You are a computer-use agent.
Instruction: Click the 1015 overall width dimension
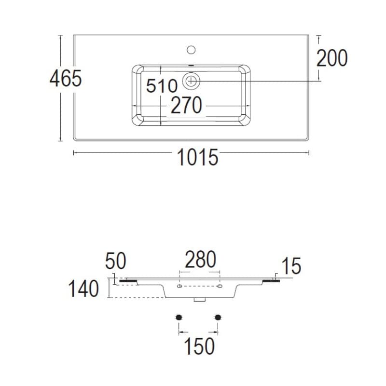[x=197, y=157]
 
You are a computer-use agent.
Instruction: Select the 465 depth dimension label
[x=66, y=78]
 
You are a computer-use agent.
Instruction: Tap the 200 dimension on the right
[x=332, y=58]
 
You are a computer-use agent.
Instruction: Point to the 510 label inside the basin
[x=162, y=86]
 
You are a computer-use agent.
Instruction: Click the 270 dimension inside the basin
[x=186, y=105]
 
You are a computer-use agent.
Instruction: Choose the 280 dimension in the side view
[x=200, y=260]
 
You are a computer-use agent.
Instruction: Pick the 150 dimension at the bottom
[x=199, y=346]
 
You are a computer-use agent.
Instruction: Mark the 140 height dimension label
[x=83, y=289]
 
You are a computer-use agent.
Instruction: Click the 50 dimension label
[x=115, y=261]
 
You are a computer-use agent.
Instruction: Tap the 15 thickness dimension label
[x=291, y=266]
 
